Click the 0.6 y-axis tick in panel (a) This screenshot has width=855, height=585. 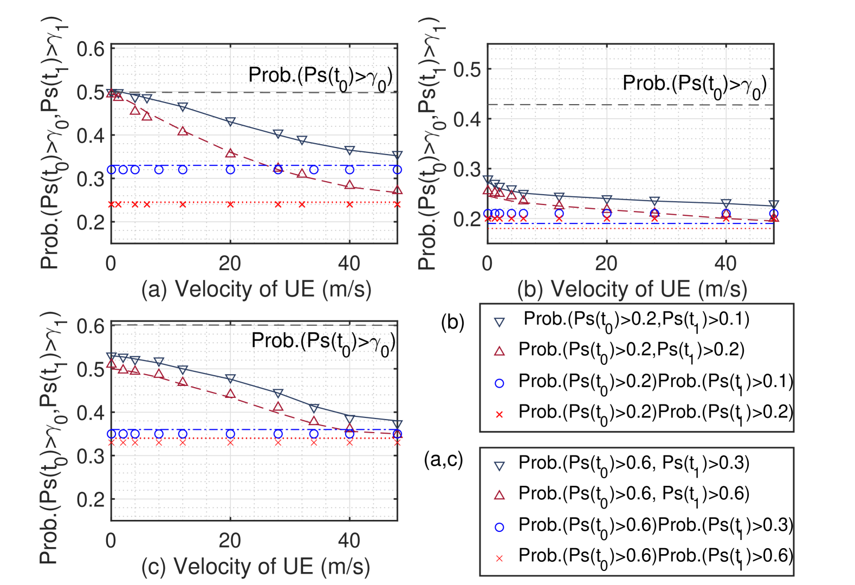[90, 49]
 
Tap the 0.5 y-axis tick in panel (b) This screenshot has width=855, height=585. [467, 69]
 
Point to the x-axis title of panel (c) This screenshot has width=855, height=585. [256, 566]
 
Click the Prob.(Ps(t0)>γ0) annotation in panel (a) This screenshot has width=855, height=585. [320, 77]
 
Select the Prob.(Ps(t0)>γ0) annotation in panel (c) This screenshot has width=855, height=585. [323, 343]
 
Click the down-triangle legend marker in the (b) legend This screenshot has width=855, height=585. [500, 322]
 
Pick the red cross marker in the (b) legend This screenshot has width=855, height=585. [500, 414]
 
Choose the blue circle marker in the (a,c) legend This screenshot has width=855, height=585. [500, 526]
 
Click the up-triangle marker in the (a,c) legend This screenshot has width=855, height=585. [500, 495]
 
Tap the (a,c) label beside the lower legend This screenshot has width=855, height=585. [444, 460]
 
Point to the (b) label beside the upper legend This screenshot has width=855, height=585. [452, 323]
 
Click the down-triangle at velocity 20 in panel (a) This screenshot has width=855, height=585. [230, 121]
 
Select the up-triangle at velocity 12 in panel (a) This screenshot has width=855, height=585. [183, 131]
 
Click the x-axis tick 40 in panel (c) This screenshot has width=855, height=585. [349, 541]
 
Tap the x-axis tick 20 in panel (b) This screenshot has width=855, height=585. [606, 263]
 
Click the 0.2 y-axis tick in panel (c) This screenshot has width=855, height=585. [90, 499]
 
